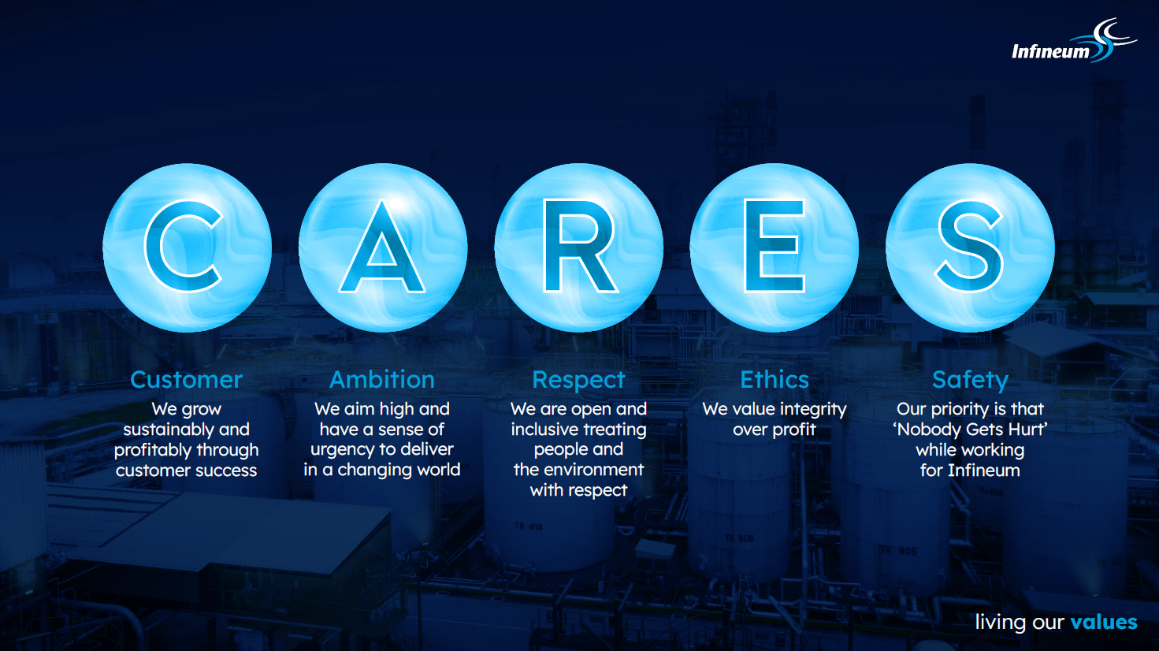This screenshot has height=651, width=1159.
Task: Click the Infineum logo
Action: [x=1074, y=42]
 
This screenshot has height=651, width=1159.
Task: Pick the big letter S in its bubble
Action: [x=970, y=247]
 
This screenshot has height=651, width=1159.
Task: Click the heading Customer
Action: [x=186, y=380]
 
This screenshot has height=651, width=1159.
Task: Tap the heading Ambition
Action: [x=382, y=380]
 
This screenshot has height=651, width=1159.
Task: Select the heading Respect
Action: [x=578, y=381]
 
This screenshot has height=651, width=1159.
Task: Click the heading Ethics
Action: [x=775, y=380]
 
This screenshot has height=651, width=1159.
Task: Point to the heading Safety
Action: [x=970, y=381]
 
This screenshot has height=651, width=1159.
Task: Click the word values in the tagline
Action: [x=1104, y=622]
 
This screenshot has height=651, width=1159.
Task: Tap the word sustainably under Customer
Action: [x=164, y=430]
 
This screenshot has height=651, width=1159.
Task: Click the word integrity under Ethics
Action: [x=813, y=410]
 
